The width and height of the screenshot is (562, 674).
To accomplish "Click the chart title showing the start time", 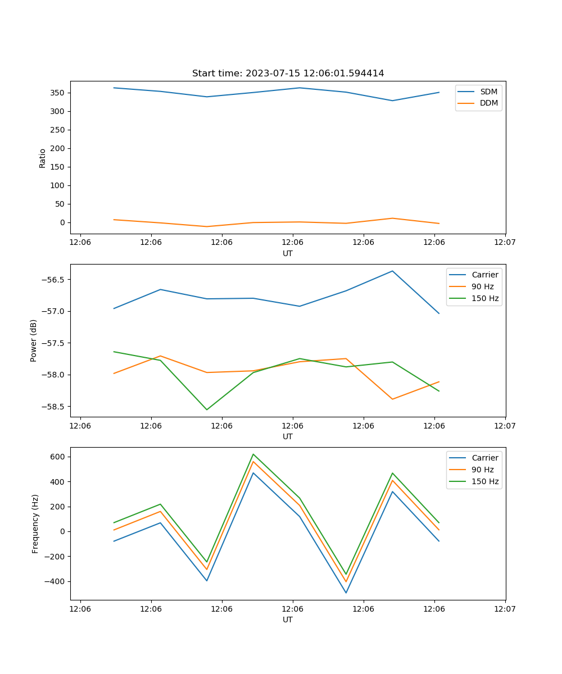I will click(x=288, y=74).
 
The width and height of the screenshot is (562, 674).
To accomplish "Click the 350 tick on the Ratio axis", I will click(x=58, y=93).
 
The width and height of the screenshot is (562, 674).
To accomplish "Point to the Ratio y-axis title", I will click(x=43, y=158).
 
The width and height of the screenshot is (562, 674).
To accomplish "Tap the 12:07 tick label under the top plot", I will click(x=505, y=243).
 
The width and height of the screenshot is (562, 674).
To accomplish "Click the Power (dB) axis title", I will click(x=34, y=340).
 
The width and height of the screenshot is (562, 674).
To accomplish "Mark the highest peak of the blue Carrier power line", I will click(x=392, y=271).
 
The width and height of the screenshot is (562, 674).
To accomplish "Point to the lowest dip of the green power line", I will click(x=207, y=409).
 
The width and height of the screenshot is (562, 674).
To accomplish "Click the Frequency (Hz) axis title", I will click(x=35, y=523).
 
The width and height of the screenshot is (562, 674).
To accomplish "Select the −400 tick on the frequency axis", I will click(x=56, y=581).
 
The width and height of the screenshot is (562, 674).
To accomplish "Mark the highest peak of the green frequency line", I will click(x=253, y=454).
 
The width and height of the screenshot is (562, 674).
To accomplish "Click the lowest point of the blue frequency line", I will click(x=346, y=593).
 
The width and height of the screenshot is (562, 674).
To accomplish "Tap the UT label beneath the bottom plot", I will click(x=288, y=620).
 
